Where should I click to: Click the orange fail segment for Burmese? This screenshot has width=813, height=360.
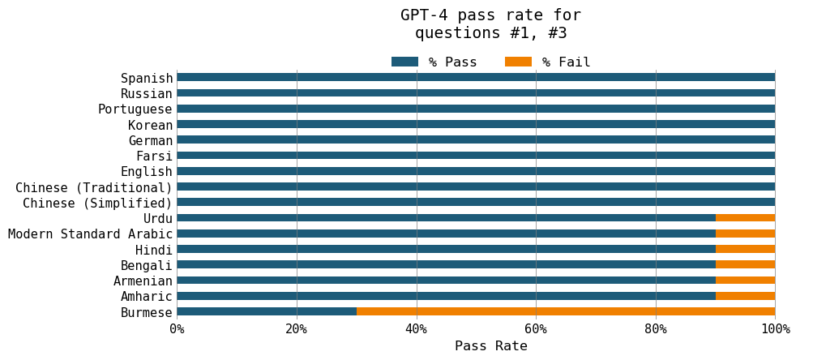point(566,311)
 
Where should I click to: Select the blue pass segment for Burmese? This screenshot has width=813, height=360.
point(267,311)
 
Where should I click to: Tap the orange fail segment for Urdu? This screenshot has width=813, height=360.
point(746,218)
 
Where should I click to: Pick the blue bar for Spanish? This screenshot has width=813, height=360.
point(476,78)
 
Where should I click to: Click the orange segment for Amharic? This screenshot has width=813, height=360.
point(746,296)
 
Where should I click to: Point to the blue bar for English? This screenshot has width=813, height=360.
point(476,171)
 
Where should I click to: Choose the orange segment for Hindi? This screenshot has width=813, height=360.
point(746,249)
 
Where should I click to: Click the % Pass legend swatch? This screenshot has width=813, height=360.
point(404,62)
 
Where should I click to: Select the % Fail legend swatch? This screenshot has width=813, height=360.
point(518,62)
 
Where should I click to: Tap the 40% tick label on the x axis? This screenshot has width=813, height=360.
point(417,328)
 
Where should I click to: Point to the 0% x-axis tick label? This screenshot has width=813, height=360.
point(177,328)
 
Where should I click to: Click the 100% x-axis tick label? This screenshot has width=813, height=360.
point(775,328)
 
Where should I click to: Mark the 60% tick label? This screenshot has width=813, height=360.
point(536,328)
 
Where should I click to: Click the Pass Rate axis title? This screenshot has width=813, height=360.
point(490,346)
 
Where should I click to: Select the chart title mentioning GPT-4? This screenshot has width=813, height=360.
point(490,24)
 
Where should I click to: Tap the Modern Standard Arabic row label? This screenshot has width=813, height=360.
point(90,234)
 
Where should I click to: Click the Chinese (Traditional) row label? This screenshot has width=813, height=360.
point(94,187)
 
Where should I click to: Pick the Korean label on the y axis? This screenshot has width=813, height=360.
point(150,125)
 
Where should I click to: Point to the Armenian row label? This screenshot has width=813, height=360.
point(143,281)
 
